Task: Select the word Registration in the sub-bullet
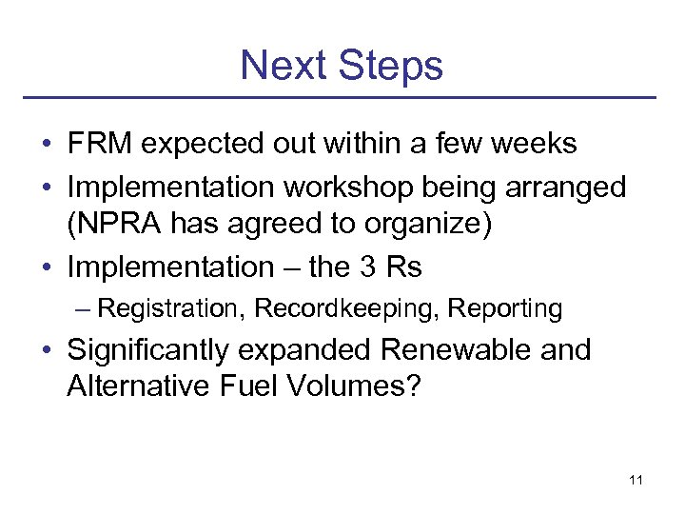(170, 309)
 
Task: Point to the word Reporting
(505, 309)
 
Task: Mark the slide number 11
(636, 480)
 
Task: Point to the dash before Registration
(85, 309)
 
